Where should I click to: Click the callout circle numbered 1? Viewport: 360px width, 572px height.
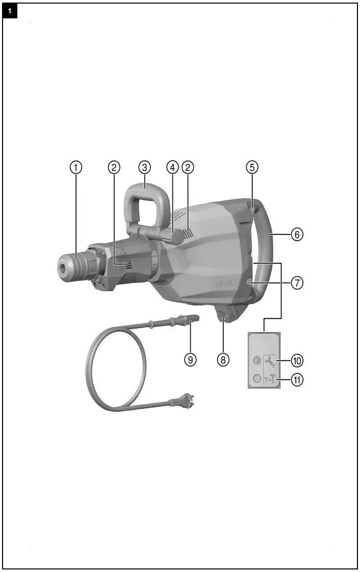coord(76,167)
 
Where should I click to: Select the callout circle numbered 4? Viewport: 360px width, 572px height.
coord(172,167)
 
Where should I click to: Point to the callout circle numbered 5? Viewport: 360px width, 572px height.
coord(252,167)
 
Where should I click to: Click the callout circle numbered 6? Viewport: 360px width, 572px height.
coord(297,235)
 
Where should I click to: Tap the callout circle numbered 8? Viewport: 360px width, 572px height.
coord(222,359)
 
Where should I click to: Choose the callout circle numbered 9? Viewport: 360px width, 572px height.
coord(190,359)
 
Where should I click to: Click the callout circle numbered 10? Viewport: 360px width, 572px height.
coord(297,360)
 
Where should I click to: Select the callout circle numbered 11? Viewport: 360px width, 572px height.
coord(297,379)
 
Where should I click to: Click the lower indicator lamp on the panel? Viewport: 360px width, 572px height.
coord(257,379)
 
